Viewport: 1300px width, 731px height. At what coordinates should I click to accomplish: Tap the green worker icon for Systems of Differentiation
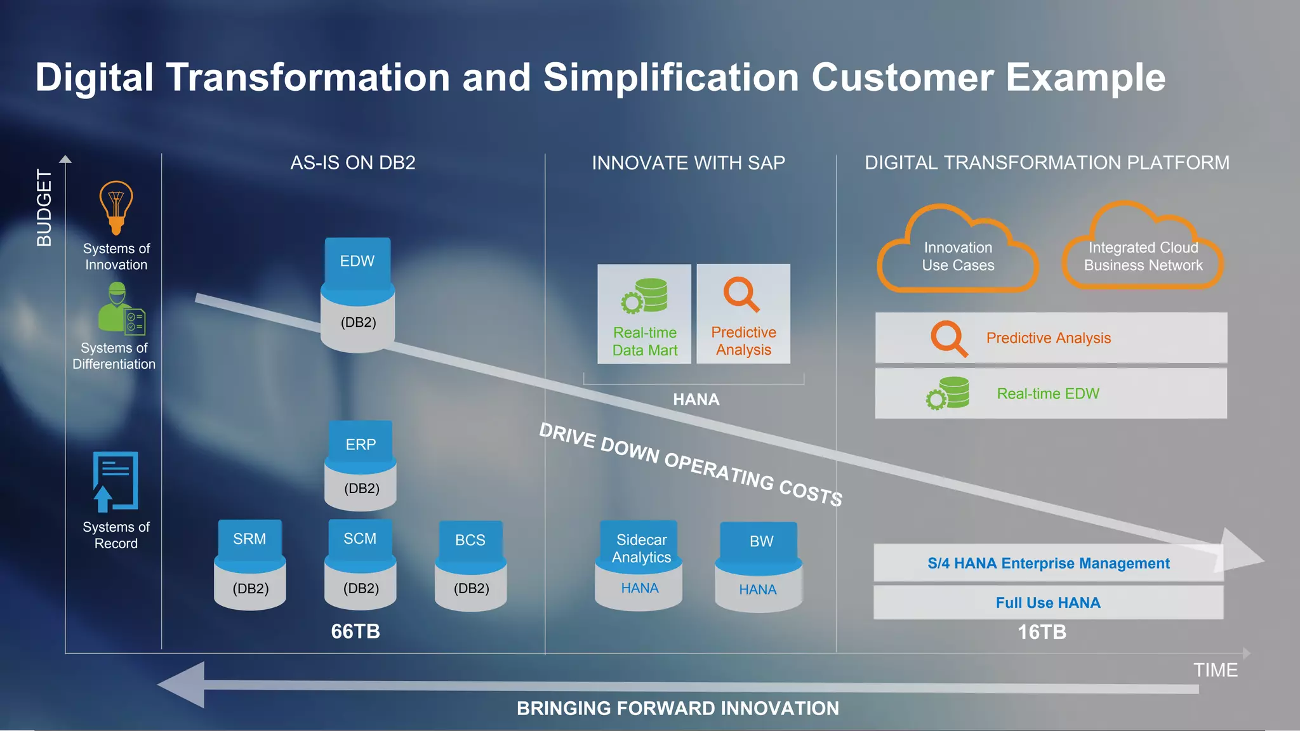121,309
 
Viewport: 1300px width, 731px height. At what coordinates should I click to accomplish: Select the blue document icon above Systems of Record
116,481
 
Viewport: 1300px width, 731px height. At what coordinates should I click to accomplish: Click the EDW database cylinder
357,294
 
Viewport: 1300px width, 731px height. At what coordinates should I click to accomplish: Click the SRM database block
250,565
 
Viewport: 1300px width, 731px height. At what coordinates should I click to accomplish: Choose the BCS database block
470,566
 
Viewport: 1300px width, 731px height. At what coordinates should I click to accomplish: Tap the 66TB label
355,631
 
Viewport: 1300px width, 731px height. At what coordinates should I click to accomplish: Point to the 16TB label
1042,632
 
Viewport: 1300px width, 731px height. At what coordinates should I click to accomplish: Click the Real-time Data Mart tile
644,314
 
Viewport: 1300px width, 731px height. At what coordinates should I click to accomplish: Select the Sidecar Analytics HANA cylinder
639,565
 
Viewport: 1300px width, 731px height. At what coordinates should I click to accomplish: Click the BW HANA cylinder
759,567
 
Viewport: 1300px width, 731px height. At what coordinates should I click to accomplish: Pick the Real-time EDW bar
1051,393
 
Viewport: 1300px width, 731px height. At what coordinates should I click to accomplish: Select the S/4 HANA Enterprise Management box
1048,563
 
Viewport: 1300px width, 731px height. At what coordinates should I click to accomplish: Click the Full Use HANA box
1048,602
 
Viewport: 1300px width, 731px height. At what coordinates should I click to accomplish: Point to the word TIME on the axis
1215,670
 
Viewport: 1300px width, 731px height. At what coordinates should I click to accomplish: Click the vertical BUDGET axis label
44,207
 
